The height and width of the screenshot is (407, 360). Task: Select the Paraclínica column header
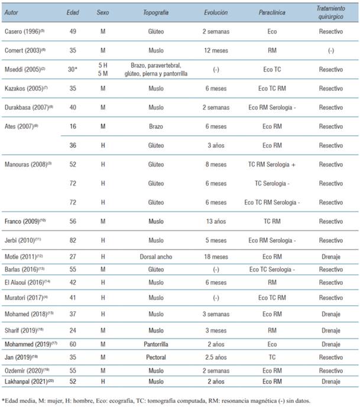pyautogui.click(x=273, y=12)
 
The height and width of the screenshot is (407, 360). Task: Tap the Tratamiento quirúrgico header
pyautogui.click(x=330, y=12)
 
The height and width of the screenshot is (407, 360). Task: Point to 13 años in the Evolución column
pyautogui.click(x=215, y=222)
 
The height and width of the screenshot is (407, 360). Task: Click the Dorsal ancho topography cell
pyautogui.click(x=157, y=257)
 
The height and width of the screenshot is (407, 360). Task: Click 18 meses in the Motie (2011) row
pyautogui.click(x=215, y=257)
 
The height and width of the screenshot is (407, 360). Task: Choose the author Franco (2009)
pyautogui.click(x=22, y=222)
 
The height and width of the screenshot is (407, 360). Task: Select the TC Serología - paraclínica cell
pyautogui.click(x=273, y=183)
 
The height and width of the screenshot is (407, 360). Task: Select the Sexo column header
pyautogui.click(x=103, y=12)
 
